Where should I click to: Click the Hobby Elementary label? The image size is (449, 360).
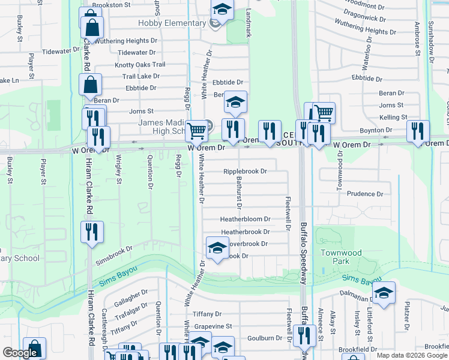(x=172, y=23)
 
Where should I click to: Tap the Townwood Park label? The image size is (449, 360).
(x=341, y=257)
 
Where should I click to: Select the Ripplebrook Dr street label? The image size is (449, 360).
(x=245, y=172)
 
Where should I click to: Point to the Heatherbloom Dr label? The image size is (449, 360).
(x=245, y=220)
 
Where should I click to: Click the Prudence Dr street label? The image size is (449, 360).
(x=364, y=194)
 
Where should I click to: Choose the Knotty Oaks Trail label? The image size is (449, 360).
(x=140, y=65)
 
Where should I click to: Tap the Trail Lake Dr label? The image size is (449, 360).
(x=140, y=76)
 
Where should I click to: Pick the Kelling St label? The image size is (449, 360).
(x=393, y=118)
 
